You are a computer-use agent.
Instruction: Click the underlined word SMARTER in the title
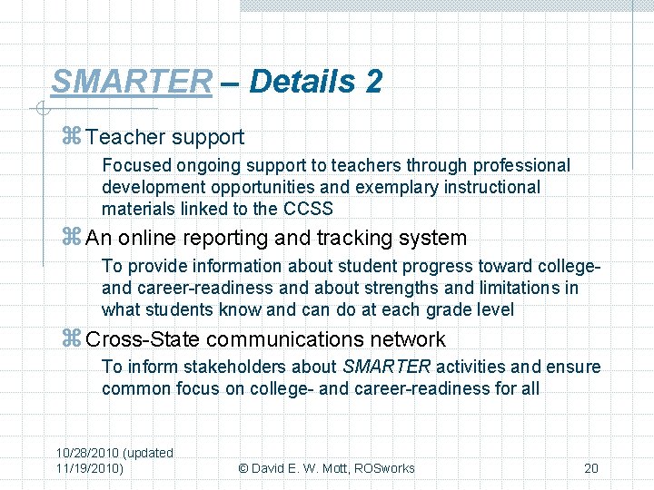(131, 82)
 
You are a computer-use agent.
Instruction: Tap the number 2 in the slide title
(373, 82)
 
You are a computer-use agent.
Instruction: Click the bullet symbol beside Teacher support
(73, 138)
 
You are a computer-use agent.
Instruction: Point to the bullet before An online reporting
(73, 239)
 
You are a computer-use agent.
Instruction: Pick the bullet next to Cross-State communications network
(73, 339)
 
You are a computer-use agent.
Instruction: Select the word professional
(522, 165)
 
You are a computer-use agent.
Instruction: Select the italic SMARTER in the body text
(387, 367)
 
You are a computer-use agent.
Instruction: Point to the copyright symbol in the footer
(243, 468)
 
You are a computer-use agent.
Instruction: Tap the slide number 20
(590, 468)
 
